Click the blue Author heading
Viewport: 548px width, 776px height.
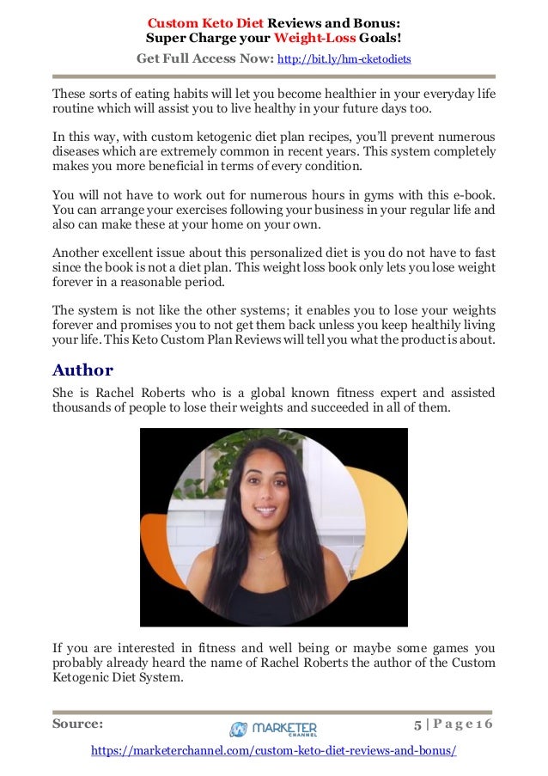pos(82,370)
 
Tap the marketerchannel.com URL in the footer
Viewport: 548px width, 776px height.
pos(274,750)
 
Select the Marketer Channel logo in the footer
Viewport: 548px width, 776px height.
pos(274,729)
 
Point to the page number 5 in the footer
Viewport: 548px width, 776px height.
pos(418,724)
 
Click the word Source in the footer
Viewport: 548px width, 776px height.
pos(77,724)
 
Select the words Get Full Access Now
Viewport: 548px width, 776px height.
pos(204,58)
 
